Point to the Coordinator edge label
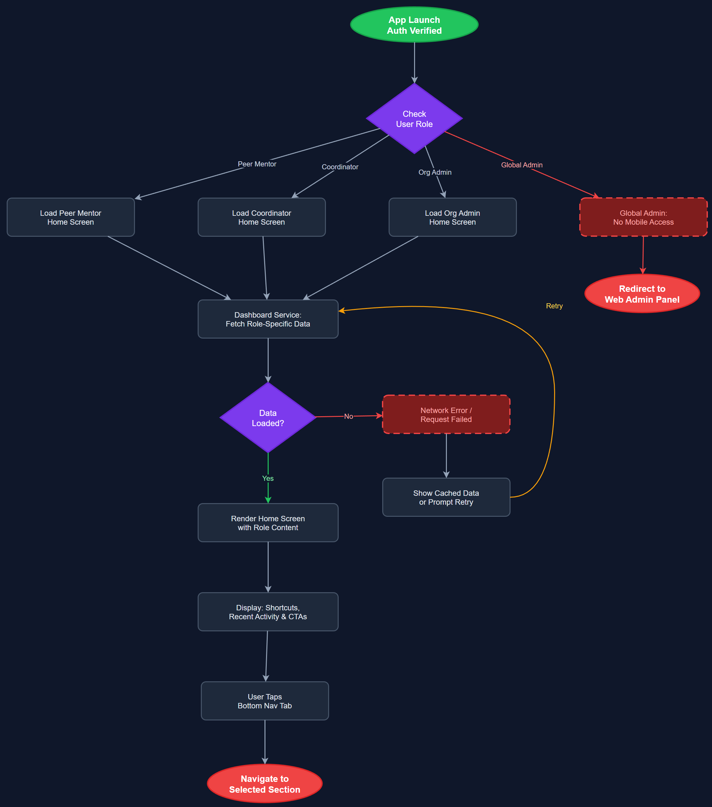340,167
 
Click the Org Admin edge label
434,172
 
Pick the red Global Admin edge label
521,165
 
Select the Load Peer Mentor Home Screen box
71,217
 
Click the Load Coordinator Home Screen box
261,217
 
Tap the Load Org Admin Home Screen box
452,217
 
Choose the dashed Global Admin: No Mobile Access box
643,217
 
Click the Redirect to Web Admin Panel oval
642,294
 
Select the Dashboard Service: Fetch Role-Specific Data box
268,319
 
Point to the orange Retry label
554,306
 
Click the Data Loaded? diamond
268,418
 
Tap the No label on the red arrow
348,416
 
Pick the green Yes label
268,478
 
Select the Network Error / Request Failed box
446,415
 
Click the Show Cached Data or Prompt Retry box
446,497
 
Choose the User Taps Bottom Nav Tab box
264,701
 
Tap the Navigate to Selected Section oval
264,784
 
